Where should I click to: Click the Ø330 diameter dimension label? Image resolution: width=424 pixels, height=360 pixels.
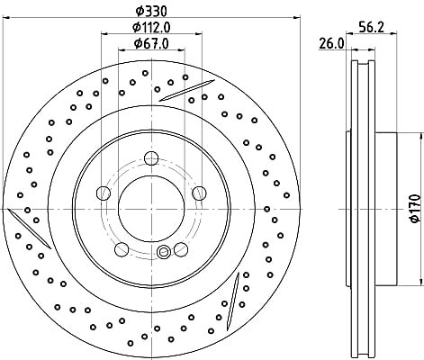151,12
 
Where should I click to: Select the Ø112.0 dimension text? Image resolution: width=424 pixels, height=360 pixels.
151,28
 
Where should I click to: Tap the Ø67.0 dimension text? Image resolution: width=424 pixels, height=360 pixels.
151,44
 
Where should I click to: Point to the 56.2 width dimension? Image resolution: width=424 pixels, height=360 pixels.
371,28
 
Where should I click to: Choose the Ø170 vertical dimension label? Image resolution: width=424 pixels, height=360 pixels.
415,209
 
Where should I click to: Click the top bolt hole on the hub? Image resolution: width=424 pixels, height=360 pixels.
151,158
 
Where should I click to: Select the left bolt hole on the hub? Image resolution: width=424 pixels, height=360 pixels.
104,193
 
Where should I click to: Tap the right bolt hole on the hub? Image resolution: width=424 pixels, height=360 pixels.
199,193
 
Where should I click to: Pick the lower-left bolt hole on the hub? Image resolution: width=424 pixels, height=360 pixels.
122,249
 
